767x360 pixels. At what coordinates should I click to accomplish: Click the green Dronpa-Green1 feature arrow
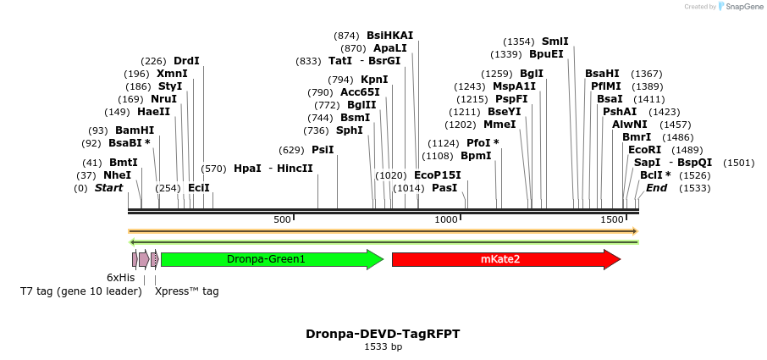[x=267, y=259]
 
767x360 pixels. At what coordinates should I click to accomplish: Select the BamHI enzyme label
[x=135, y=130]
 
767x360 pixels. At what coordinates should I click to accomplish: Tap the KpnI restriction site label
[x=374, y=80]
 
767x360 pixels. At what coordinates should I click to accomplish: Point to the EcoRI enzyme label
[x=644, y=149]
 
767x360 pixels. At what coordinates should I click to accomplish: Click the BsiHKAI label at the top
[x=389, y=36]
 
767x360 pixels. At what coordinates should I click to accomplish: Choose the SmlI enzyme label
[x=555, y=42]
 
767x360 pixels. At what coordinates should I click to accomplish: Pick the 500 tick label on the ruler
[x=282, y=220]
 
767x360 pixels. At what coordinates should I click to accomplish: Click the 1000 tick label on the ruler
[x=446, y=220]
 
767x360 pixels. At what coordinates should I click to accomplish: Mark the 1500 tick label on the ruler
[x=611, y=220]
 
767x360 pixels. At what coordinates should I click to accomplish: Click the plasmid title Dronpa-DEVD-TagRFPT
[x=383, y=334]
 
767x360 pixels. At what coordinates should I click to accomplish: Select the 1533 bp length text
[x=383, y=346]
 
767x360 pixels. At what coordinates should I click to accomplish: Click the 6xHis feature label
[x=120, y=277]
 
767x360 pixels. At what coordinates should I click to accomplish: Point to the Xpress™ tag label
[x=186, y=291]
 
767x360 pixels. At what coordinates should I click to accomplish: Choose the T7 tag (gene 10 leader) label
[x=81, y=291]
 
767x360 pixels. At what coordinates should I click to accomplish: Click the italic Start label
[x=108, y=187]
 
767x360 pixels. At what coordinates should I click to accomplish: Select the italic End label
[x=656, y=187]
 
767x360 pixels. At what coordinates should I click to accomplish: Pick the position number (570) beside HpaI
[x=213, y=169]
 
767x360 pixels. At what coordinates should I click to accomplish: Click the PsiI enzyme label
[x=323, y=150]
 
